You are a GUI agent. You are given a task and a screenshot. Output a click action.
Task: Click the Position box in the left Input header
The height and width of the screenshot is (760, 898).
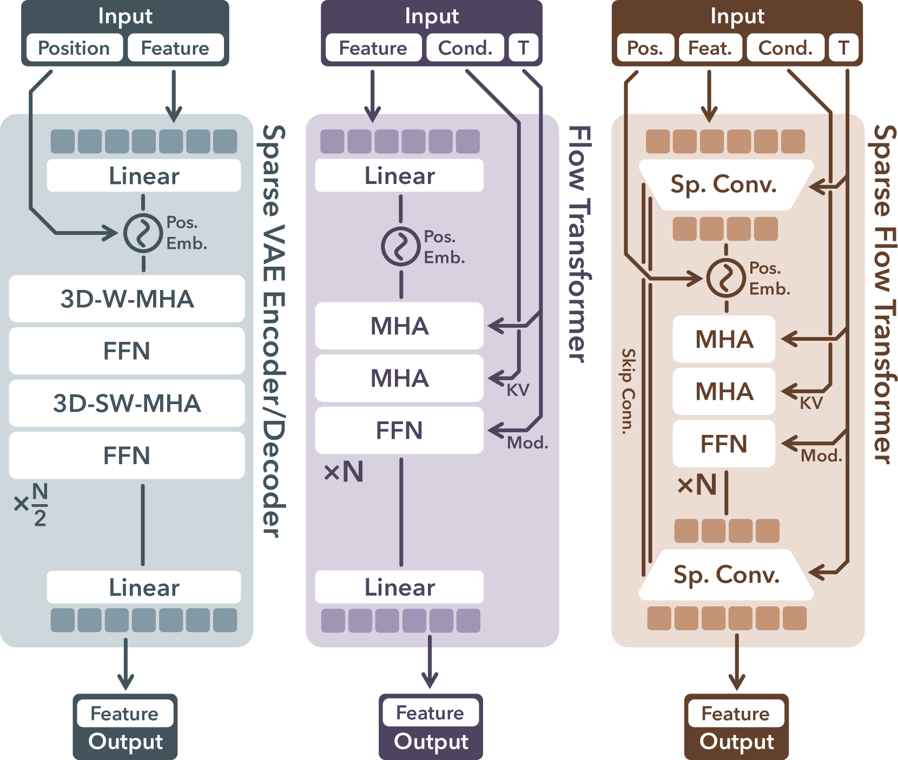tap(74, 48)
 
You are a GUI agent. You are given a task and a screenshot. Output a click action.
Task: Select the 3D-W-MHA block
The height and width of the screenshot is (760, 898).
tap(127, 299)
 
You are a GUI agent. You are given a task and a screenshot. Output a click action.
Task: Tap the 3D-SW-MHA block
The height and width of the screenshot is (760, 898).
tap(127, 403)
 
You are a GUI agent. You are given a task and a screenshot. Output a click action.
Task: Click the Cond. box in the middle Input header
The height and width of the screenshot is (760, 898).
tap(465, 48)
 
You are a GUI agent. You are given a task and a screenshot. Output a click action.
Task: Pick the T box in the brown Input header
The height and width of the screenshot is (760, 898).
tap(843, 48)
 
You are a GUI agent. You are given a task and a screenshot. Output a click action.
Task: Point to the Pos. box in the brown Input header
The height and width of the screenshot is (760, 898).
tap(645, 48)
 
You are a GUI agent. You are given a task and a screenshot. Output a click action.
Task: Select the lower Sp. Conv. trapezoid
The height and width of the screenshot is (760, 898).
tap(726, 574)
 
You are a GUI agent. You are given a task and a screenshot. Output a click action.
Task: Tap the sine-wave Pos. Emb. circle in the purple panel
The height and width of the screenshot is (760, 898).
tap(401, 247)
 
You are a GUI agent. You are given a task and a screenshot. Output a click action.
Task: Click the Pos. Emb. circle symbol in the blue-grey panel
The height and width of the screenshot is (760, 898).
tap(143, 233)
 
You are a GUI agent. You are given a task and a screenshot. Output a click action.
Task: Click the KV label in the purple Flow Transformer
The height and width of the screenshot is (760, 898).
tap(518, 390)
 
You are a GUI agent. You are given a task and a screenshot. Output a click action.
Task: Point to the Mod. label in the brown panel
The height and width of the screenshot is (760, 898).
tap(821, 455)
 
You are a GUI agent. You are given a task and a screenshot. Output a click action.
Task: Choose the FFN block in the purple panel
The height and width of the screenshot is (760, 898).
tap(399, 431)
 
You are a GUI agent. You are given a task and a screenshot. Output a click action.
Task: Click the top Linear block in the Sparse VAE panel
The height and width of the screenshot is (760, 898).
tap(144, 175)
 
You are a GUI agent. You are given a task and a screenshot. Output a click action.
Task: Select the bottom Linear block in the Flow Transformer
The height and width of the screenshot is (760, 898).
tap(399, 587)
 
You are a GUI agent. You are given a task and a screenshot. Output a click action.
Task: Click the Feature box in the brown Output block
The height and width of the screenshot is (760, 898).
tap(736, 713)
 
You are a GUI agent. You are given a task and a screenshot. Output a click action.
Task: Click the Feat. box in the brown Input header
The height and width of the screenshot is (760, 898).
tap(710, 48)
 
